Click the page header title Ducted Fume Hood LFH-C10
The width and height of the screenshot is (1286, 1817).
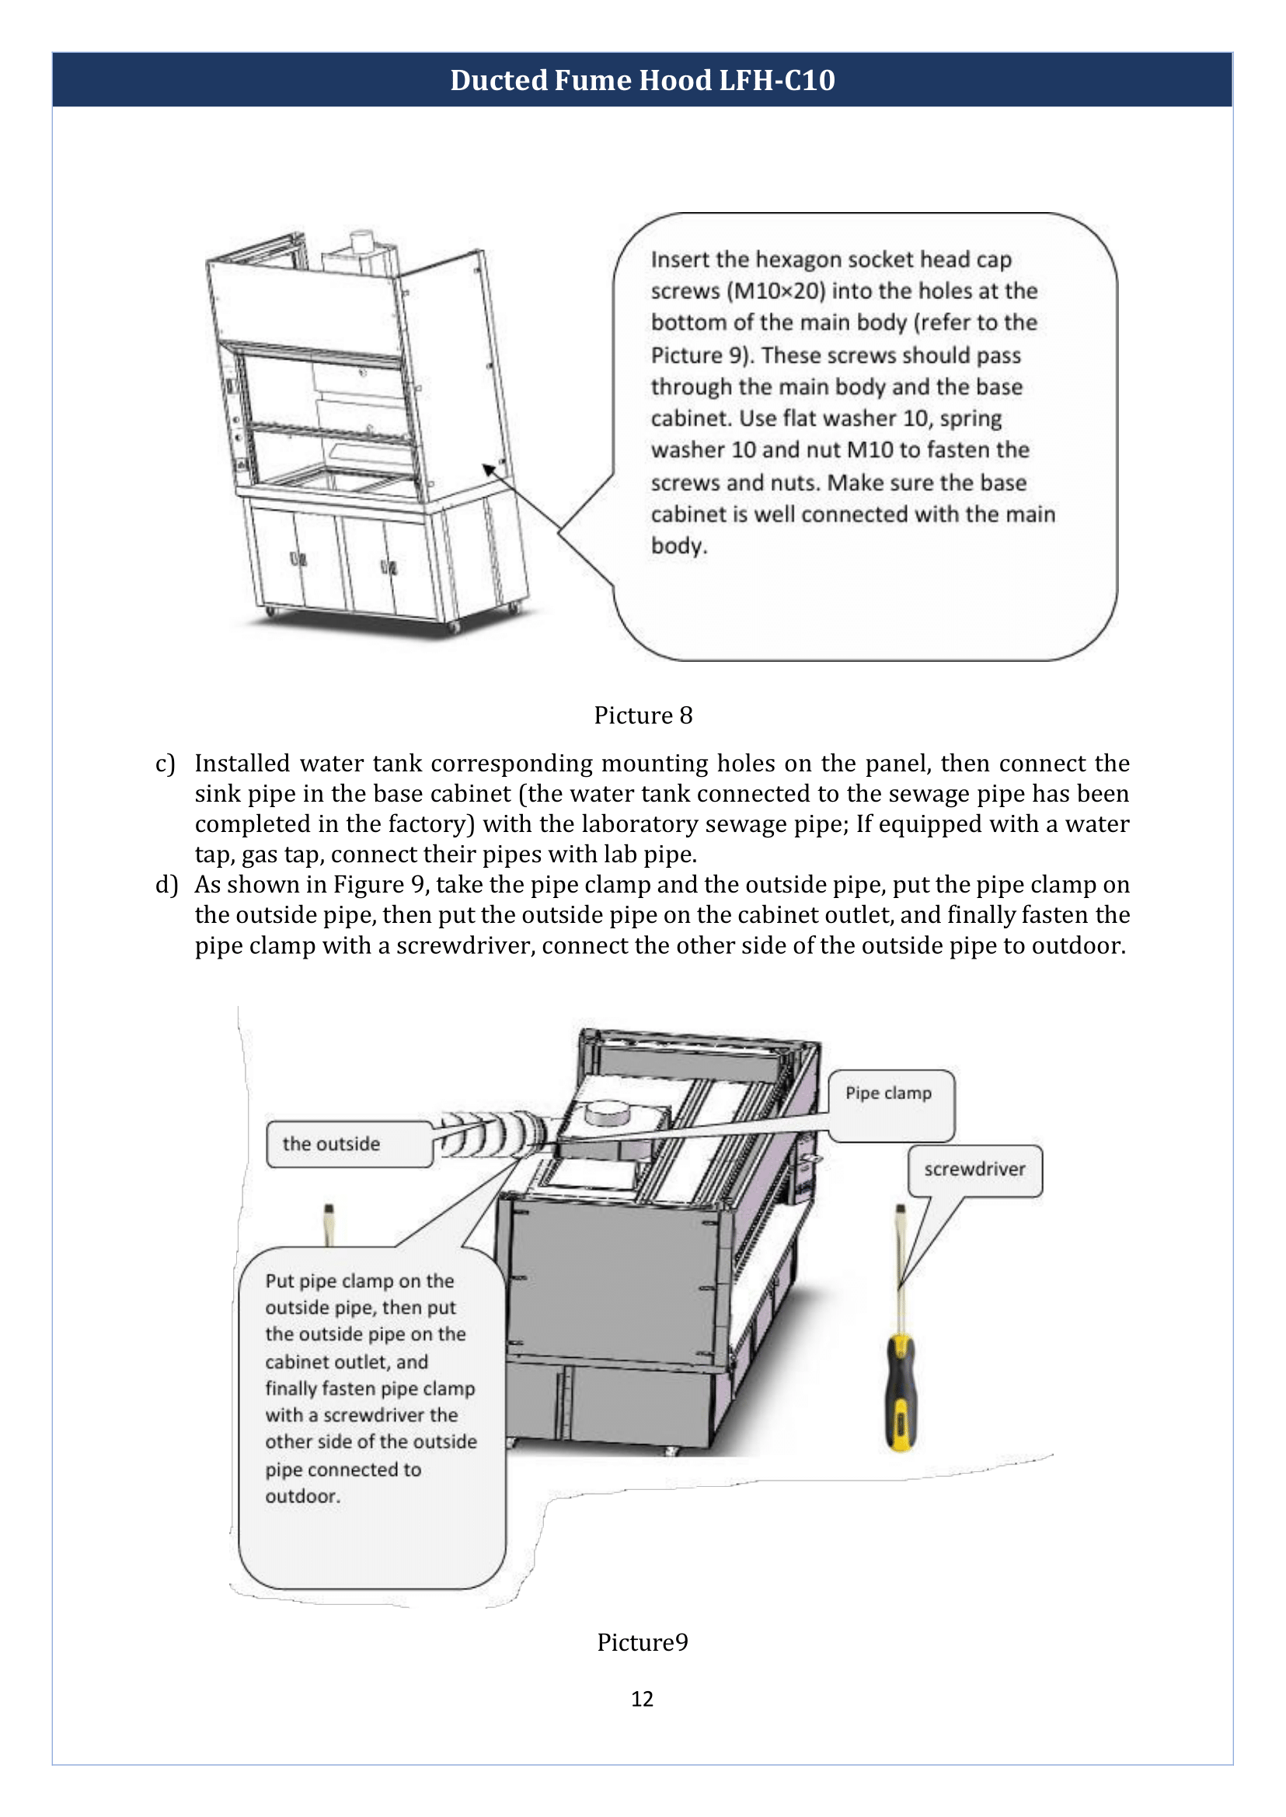pos(642,81)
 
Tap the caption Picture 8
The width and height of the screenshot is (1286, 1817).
pos(643,715)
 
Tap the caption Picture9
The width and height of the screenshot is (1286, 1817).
pos(642,1641)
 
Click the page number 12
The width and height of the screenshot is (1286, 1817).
pos(642,1698)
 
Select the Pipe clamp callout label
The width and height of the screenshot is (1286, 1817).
pos(888,1093)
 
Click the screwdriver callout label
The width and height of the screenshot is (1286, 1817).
pos(974,1169)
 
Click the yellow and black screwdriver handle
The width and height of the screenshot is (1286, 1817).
pos(901,1394)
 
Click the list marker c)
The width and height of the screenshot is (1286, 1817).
pos(165,763)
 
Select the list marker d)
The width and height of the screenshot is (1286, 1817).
pos(166,884)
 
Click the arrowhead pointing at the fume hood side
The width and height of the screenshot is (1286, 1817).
pos(489,468)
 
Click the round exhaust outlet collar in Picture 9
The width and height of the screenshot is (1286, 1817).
pos(607,1114)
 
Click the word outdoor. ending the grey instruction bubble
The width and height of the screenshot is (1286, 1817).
pos(302,1496)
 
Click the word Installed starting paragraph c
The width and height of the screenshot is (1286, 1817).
pos(242,763)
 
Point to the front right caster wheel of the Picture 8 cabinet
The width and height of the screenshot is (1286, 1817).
pos(454,627)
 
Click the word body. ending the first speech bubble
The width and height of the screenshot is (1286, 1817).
pos(678,546)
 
